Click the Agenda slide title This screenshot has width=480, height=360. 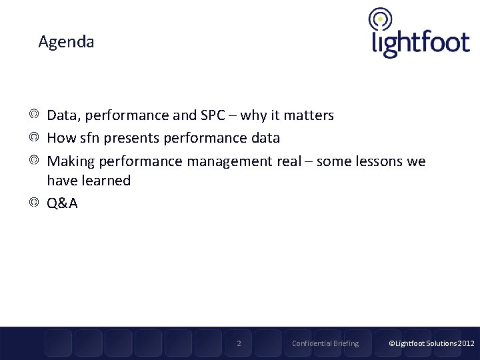pyautogui.click(x=66, y=42)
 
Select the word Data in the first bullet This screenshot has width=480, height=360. pyautogui.click(x=62, y=115)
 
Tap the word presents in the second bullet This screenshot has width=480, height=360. pyautogui.click(x=128, y=138)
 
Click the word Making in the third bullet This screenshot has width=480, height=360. pyautogui.click(x=69, y=161)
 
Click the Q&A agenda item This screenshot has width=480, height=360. pyautogui.click(x=62, y=203)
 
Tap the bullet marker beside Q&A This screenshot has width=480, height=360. pyautogui.click(x=34, y=203)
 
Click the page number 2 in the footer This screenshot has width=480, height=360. pyautogui.click(x=239, y=343)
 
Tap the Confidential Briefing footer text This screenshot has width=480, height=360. pyautogui.click(x=325, y=343)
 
